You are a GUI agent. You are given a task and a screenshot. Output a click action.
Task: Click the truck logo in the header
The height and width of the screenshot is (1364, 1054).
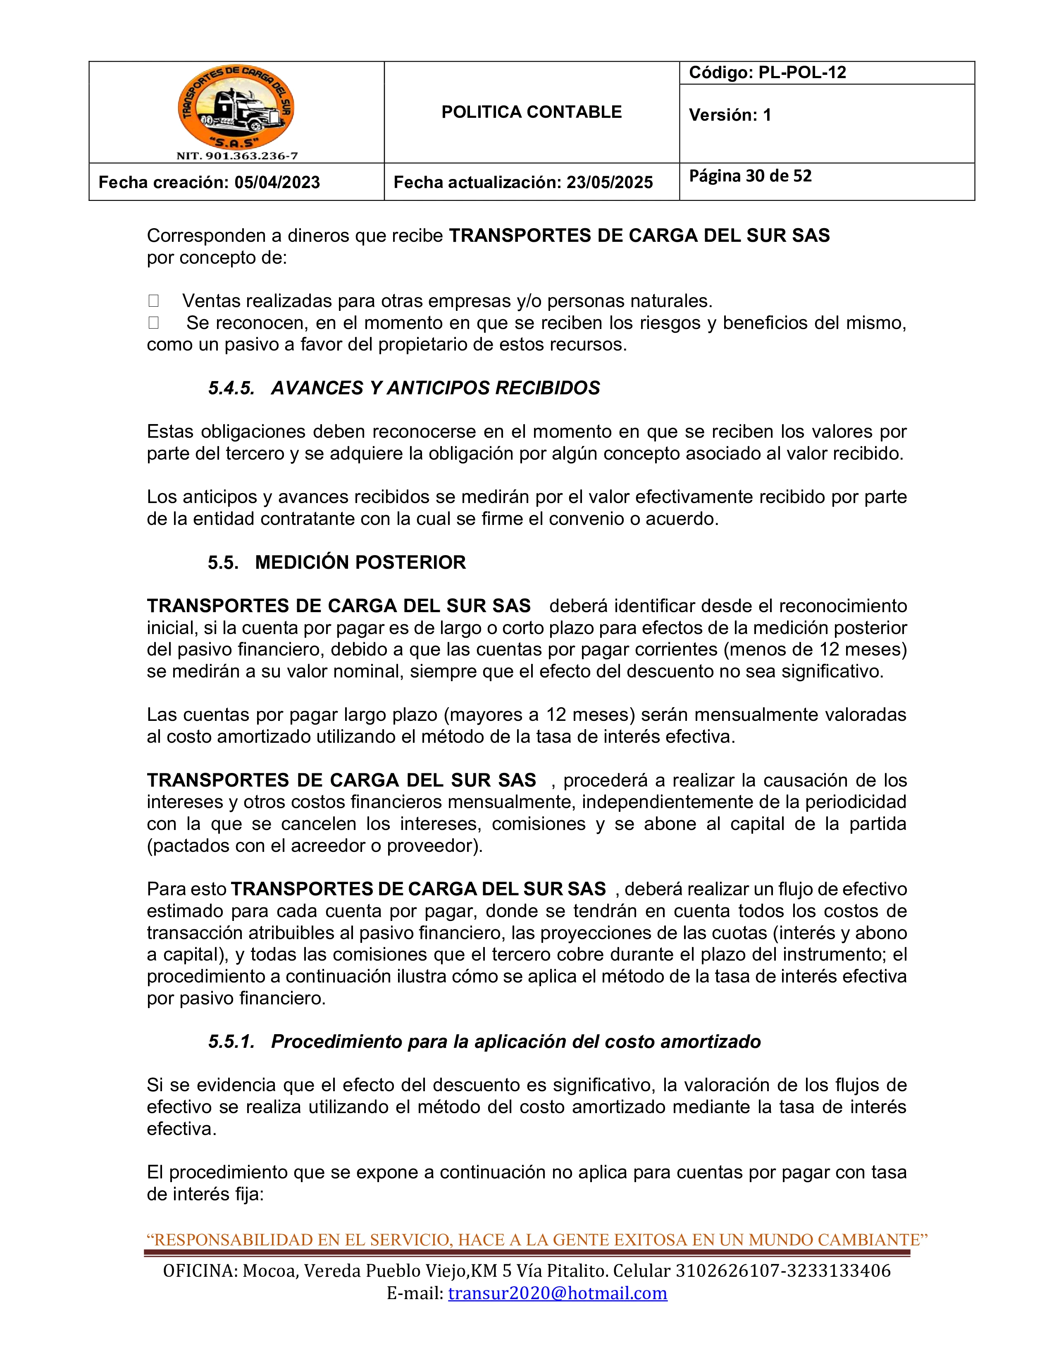(x=236, y=107)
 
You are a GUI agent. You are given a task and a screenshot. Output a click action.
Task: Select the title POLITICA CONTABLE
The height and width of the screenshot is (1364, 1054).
(x=532, y=112)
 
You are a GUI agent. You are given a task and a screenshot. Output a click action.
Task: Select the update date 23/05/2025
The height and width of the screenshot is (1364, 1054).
(x=609, y=182)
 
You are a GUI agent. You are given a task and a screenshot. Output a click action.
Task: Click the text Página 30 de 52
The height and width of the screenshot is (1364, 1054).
(x=750, y=176)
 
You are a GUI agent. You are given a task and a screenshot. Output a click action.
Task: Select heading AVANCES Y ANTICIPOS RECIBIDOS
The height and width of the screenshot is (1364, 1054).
(x=435, y=389)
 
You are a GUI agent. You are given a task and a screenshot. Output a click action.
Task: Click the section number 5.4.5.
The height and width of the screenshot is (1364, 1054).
(x=231, y=389)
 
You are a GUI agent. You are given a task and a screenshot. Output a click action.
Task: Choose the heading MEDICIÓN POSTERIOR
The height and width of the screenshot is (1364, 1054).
(x=360, y=563)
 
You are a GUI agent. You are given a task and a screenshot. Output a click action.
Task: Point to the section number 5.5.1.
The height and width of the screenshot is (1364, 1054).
(x=231, y=1042)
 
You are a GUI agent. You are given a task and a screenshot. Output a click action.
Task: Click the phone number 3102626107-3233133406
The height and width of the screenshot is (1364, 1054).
(x=783, y=1271)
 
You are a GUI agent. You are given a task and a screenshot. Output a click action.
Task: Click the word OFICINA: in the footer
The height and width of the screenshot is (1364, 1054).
(x=200, y=1271)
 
